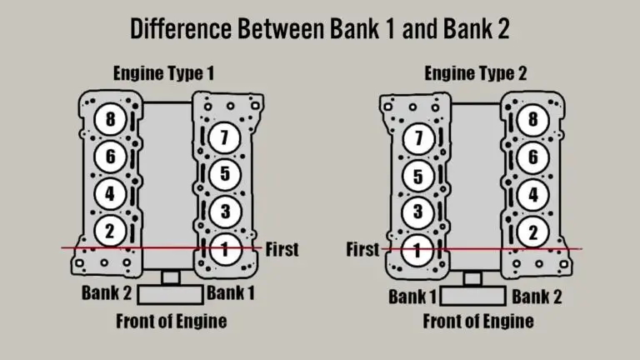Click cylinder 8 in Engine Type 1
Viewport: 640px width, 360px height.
[109, 118]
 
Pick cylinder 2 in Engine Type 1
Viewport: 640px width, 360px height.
[109, 230]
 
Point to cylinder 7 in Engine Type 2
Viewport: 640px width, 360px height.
[418, 138]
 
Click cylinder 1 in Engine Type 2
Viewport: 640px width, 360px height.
[418, 248]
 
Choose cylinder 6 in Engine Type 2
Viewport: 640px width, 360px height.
[532, 156]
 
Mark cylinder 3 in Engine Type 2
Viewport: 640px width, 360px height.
[418, 212]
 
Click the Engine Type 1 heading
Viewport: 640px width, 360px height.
[164, 73]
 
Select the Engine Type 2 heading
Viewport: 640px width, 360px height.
[476, 73]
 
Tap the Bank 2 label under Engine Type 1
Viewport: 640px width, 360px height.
[105, 292]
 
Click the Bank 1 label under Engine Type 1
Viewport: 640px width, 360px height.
[231, 292]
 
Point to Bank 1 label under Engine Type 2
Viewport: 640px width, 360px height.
[412, 297]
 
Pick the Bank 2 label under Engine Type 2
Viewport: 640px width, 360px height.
[537, 297]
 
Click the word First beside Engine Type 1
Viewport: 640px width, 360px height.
[281, 248]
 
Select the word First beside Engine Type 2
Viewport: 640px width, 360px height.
[362, 249]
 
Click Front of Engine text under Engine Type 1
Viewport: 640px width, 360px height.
[171, 320]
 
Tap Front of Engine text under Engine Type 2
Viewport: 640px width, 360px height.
[478, 321]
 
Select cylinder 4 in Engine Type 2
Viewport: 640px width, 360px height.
[532, 193]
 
